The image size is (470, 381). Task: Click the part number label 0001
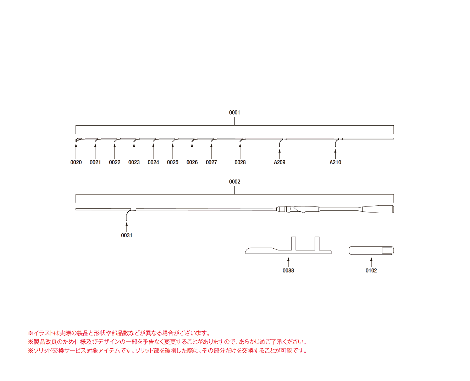point(234,112)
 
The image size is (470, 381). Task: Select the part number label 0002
point(234,182)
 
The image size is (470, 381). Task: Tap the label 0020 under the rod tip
point(76,162)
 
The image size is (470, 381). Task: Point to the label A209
point(280,162)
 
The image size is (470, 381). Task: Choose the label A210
point(335,162)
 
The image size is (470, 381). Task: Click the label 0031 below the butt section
point(126,236)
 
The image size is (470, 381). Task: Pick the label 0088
point(288,270)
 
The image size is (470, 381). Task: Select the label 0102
point(371,270)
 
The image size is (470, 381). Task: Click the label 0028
point(240,162)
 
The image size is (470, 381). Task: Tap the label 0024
point(153,162)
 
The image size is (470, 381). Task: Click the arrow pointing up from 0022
point(115,151)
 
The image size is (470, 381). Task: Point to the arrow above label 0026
point(192,151)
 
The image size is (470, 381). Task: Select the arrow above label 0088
point(288,262)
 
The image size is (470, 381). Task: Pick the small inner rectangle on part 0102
point(387,250)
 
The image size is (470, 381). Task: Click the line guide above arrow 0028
point(242,140)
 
